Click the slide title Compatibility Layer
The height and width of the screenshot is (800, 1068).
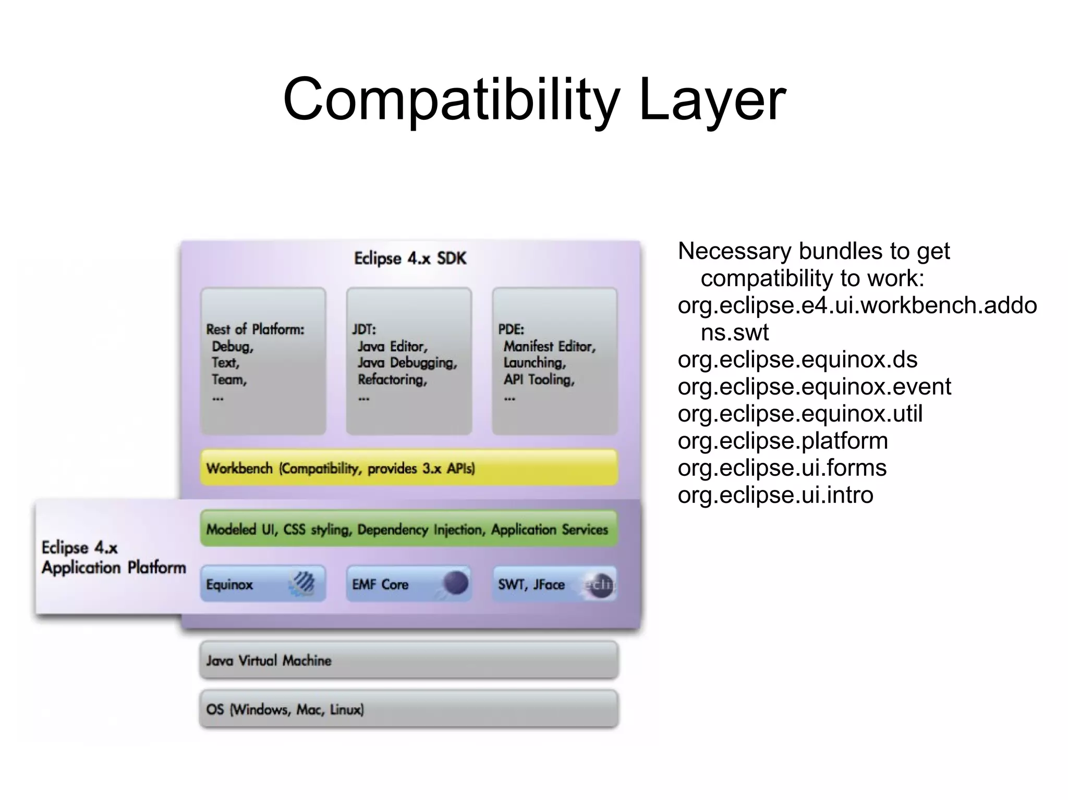[534, 99]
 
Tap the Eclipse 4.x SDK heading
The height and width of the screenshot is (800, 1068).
[410, 259]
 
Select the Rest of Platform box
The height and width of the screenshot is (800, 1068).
[263, 361]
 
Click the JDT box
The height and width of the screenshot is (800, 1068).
[409, 361]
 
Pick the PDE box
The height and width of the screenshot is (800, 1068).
[554, 361]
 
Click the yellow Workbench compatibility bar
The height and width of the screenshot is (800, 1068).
[409, 468]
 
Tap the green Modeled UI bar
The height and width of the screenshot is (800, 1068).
[409, 529]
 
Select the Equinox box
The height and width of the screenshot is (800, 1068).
[263, 584]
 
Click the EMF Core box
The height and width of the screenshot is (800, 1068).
[409, 584]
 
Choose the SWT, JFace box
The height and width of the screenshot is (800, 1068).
[554, 584]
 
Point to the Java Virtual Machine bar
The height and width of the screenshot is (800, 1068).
[409, 660]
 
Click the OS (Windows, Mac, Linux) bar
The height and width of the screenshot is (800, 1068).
[409, 709]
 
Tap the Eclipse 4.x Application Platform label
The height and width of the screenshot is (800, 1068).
[114, 557]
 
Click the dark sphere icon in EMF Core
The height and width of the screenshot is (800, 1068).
[455, 583]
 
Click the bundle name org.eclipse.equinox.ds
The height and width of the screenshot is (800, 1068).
[797, 360]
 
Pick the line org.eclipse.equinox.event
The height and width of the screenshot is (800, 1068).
[814, 387]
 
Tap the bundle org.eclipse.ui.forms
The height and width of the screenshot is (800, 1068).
[782, 468]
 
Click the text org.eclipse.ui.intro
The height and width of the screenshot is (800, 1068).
[775, 495]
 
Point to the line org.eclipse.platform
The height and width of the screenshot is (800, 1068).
[783, 441]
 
